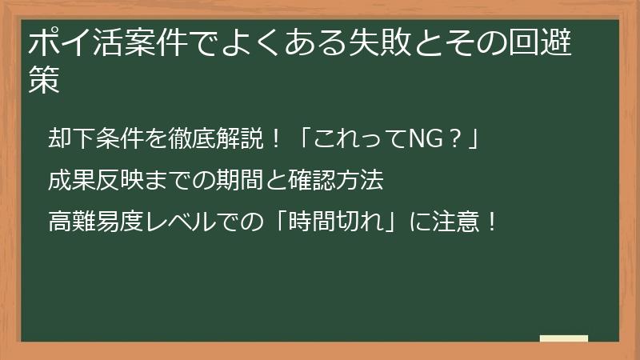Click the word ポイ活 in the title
tap(70, 42)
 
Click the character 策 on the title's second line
tap(46, 81)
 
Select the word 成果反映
tap(89, 181)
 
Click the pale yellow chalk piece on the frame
tap(563, 339)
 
